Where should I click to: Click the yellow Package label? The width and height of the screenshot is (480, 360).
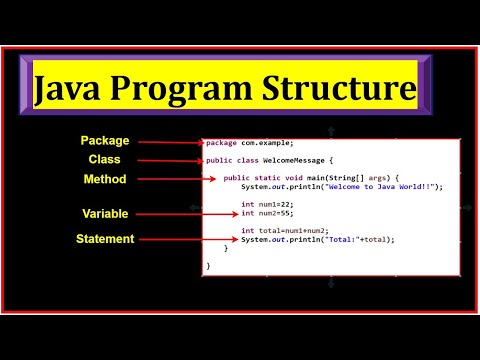coord(105,141)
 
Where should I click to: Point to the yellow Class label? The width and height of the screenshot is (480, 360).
coord(105,160)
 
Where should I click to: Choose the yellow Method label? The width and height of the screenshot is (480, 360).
coord(105,180)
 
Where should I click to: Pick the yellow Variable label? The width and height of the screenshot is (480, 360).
coord(105,214)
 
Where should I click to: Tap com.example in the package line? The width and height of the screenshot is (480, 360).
coord(265,142)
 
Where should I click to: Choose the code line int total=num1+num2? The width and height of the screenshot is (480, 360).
coord(286,230)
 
